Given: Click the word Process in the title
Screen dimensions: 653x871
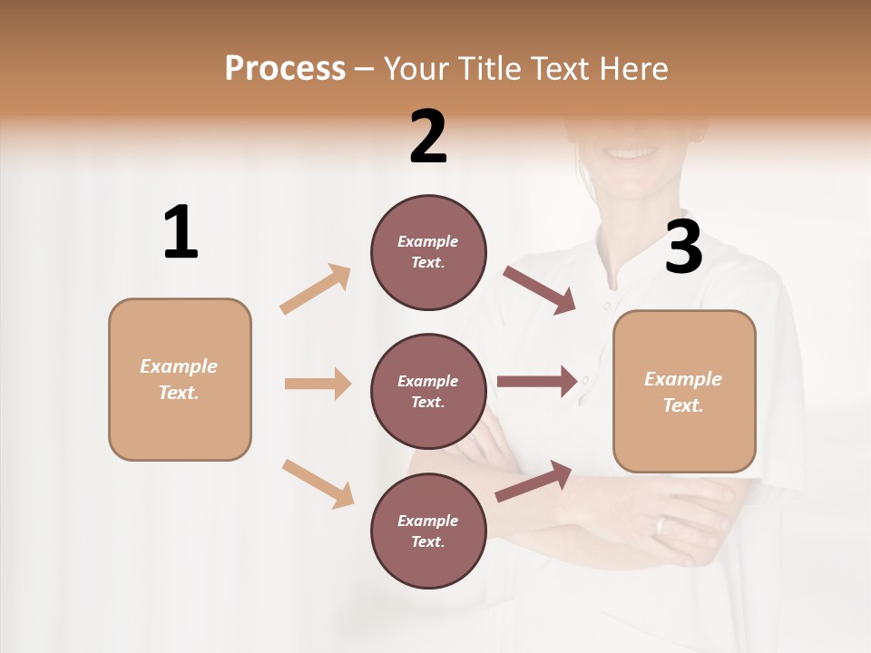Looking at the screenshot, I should tap(285, 69).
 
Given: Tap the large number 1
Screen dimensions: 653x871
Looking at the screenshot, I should tap(181, 233).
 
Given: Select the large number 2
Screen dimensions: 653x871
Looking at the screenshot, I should tap(428, 137).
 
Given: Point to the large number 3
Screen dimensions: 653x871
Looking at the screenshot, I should tap(683, 248).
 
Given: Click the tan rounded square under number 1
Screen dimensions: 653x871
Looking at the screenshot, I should tap(180, 379).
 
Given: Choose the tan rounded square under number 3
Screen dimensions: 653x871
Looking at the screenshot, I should tap(684, 392).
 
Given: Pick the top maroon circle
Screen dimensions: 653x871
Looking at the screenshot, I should tap(428, 252).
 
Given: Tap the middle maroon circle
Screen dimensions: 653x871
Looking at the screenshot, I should tap(428, 391).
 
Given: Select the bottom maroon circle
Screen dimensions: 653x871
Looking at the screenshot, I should tap(428, 531).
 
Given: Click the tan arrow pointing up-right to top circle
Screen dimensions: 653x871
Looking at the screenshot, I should tap(316, 288).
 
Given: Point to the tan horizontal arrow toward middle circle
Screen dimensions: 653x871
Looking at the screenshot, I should tap(318, 384).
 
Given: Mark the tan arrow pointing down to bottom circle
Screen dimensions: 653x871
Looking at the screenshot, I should tap(318, 483).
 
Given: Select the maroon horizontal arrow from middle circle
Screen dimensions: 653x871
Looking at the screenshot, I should tap(537, 382).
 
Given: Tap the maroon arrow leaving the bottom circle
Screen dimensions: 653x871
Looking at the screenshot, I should tap(533, 481).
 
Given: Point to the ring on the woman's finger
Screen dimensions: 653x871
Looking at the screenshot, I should tap(661, 525).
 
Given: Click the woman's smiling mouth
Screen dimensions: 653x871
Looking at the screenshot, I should tap(627, 151).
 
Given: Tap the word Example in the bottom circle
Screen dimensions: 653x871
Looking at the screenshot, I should tap(428, 521).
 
